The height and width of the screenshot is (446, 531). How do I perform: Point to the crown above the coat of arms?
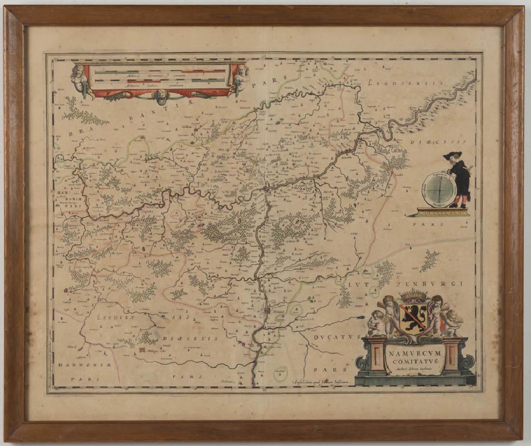[x=414, y=294]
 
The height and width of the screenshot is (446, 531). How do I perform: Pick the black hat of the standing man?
[x=453, y=155]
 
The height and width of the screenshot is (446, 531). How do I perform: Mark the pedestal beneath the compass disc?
[x=443, y=212]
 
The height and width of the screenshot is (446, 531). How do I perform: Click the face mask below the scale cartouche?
[x=161, y=95]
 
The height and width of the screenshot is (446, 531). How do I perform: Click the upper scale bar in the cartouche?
[x=159, y=72]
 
